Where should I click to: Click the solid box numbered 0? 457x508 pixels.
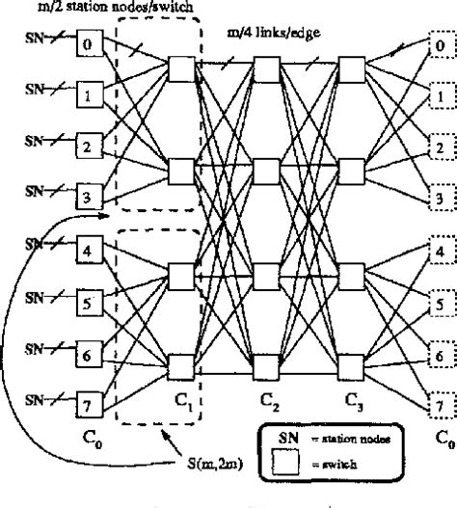click(89, 44)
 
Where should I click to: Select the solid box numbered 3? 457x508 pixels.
click(89, 199)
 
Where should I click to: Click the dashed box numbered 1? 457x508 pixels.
click(440, 96)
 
